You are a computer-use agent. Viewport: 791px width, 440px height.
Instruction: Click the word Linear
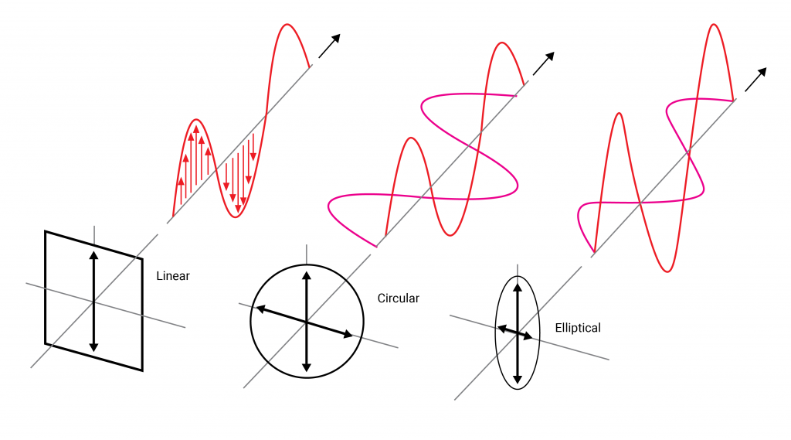pos(172,276)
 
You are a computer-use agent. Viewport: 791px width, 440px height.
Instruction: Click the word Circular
pos(398,298)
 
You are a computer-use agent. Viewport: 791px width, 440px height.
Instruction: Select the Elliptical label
pos(578,328)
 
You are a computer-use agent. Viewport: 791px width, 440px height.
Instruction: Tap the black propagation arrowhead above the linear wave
pos(336,39)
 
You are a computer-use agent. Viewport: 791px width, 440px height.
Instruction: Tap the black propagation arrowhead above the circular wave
pos(550,56)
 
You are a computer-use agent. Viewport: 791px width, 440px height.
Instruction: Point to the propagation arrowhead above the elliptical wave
pos(762,72)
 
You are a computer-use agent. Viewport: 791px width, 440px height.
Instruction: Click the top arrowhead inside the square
pos(93,256)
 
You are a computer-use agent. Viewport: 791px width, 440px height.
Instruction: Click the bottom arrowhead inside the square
pos(93,347)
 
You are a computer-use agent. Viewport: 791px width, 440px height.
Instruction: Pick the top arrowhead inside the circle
pos(307,276)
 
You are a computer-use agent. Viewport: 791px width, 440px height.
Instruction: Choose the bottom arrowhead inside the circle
pos(307,367)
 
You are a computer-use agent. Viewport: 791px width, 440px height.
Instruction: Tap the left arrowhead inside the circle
pos(260,308)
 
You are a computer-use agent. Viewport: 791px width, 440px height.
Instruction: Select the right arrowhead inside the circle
pos(348,334)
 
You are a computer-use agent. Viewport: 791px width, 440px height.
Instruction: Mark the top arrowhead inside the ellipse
pos(517,288)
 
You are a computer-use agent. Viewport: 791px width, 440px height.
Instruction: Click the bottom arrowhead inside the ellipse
pos(517,379)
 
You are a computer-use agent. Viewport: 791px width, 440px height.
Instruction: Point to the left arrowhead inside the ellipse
pos(501,329)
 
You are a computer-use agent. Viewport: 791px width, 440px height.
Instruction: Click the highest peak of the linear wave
pos(287,24)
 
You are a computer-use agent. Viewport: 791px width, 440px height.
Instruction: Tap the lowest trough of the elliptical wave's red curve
pos(667,271)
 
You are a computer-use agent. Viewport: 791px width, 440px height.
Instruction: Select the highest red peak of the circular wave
pos(502,43)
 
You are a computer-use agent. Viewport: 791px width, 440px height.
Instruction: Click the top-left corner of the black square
pos(46,232)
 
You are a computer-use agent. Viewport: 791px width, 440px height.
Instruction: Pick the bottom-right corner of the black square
pos(142,370)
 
